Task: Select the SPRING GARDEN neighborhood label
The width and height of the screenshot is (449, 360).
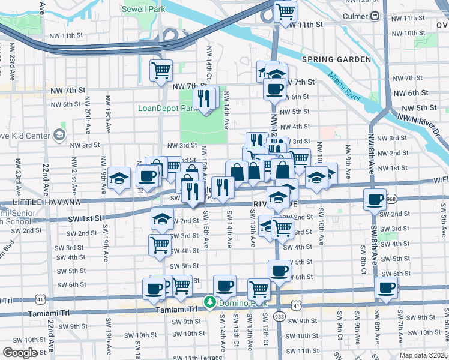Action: coord(337,59)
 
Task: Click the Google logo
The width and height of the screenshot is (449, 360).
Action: coord(20,353)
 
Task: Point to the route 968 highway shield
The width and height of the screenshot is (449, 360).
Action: coord(392,199)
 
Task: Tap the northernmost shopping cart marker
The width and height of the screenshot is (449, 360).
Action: coord(286,10)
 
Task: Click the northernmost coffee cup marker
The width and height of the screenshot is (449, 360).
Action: coord(275,88)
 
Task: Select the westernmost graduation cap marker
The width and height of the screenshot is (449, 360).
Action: coord(119,178)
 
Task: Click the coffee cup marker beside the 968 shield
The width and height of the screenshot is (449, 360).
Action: coord(375,199)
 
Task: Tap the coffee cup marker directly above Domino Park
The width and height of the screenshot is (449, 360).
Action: coord(224,286)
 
